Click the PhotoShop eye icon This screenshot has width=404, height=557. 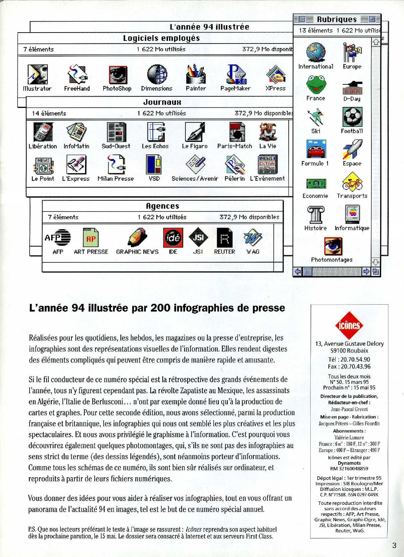tap(118, 75)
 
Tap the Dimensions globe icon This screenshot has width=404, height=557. tap(157, 74)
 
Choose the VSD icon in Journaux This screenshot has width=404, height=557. tap(154, 165)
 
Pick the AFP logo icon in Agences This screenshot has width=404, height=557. tap(58, 237)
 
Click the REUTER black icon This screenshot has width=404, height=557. tap(224, 237)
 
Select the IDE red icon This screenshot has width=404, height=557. tap(173, 237)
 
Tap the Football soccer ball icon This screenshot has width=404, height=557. tap(352, 117)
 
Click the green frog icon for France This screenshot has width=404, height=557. tap(316, 84)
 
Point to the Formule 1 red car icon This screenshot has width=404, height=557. tap(316, 149)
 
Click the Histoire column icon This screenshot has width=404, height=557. tap(315, 214)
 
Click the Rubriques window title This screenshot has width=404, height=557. tap(337, 19)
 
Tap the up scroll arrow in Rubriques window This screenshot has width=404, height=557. tap(376, 42)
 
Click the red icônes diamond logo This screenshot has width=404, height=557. tap(349, 325)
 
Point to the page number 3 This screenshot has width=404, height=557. tap(394, 545)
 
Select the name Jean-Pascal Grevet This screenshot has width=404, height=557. tap(349, 409)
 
